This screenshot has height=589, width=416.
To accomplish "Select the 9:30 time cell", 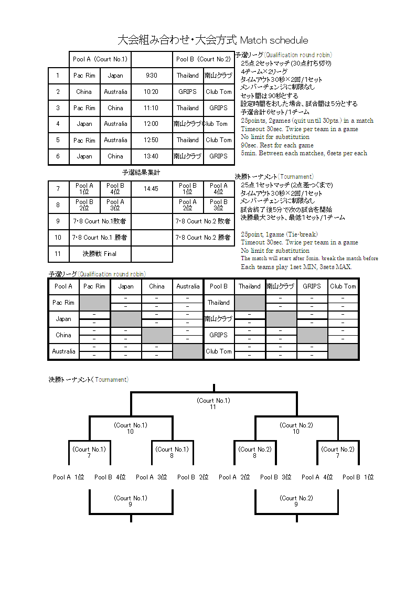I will pos(152,76).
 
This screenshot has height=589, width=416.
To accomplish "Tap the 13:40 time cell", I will pos(152,156).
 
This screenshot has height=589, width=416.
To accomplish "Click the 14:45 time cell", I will pos(152,189).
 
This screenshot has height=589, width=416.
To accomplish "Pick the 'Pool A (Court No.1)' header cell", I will pos(100,59).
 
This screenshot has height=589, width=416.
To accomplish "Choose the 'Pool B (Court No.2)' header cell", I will pos(204,59).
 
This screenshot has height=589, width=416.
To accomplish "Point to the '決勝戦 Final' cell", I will pos(100,254).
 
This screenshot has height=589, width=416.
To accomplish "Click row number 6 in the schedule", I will pos(58,156).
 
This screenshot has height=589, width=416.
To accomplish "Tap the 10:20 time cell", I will pos(152,92).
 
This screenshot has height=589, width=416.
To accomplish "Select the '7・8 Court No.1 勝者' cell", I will pos(100,238).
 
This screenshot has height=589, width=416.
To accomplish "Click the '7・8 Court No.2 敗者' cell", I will pos(204,221).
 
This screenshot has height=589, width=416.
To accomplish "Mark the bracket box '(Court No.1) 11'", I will pos(213,403).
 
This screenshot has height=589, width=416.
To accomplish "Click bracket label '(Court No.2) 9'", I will pos(296,501).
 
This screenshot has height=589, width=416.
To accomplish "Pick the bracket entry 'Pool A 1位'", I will pos(68,477).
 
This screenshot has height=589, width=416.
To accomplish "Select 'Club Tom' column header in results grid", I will pos(343,286).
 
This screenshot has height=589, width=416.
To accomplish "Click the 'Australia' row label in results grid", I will pos(63,351).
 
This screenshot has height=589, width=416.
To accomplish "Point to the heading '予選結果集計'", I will pos(141,172).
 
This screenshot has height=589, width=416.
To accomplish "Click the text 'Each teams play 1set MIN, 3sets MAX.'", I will pos(296,267).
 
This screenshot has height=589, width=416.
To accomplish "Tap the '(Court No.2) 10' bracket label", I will pos(296,428).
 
